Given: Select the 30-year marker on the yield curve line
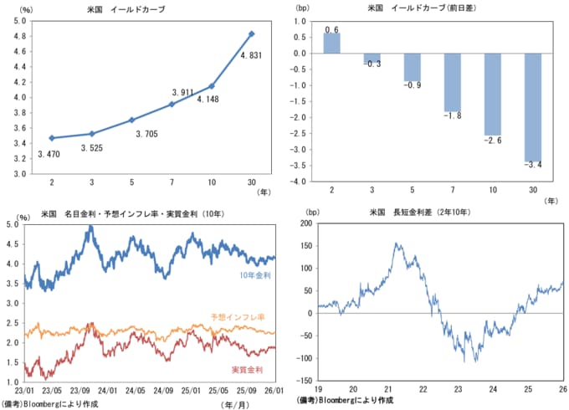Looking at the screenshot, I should [x=252, y=34].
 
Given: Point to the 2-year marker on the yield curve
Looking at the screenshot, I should [x=52, y=138].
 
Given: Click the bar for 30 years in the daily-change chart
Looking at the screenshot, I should [x=532, y=107].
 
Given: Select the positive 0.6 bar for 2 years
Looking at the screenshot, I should [x=331, y=44].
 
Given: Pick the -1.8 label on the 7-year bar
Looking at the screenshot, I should [x=452, y=115].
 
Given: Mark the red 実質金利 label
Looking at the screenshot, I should [x=248, y=368].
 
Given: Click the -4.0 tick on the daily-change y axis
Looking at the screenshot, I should [x=297, y=181].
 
